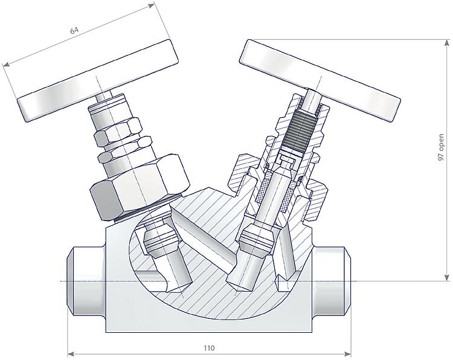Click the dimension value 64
pos(74,30)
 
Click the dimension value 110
pos(209,348)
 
